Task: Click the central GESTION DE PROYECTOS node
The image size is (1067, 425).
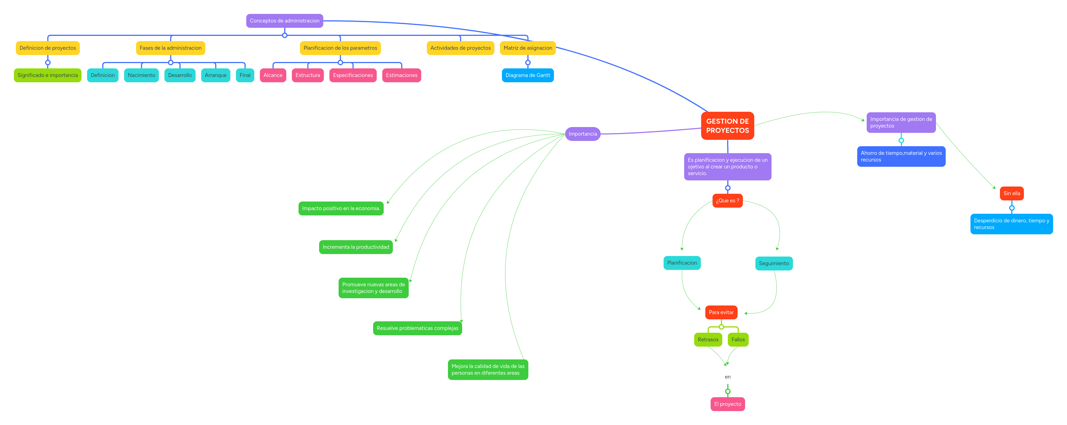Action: (x=727, y=126)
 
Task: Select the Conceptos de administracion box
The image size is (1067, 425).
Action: (x=285, y=21)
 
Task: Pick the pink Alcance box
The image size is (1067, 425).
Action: (x=273, y=75)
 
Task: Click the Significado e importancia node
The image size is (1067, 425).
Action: (x=48, y=75)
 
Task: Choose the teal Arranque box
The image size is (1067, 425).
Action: (x=215, y=75)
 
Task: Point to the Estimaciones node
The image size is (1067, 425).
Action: (x=401, y=75)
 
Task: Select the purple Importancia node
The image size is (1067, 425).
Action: (x=582, y=134)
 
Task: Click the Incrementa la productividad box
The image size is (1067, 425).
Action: (x=356, y=247)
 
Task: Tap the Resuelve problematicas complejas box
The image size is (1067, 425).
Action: (x=417, y=328)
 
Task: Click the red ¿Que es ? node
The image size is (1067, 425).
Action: (x=727, y=201)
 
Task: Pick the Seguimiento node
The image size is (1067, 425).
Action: (x=774, y=264)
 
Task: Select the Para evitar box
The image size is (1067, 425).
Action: (x=721, y=312)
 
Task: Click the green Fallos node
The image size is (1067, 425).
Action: (x=738, y=340)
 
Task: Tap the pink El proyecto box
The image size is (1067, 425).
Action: (x=727, y=404)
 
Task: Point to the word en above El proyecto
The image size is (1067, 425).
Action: (x=727, y=377)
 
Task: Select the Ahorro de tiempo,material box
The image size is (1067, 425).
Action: (x=901, y=156)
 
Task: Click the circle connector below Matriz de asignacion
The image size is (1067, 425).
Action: (x=528, y=63)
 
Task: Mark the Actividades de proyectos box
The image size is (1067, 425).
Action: (x=460, y=48)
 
